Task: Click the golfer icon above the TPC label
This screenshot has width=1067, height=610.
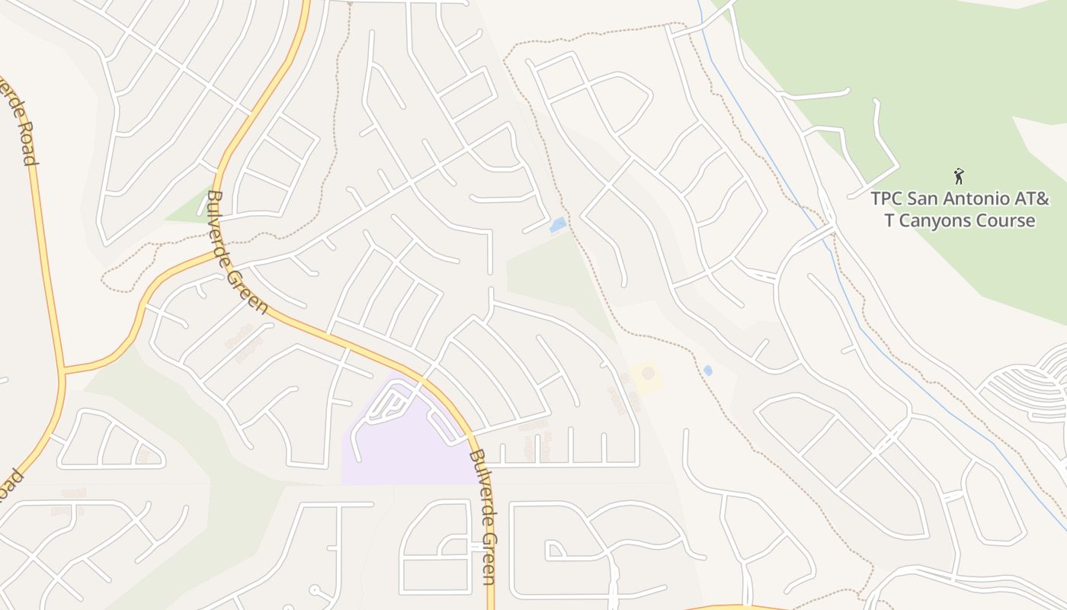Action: (959, 176)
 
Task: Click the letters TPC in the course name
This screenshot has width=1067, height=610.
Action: (886, 199)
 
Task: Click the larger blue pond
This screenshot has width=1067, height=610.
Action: (558, 225)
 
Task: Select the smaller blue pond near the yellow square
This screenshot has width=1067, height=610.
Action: (708, 371)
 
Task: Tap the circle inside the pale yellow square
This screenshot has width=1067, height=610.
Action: (648, 373)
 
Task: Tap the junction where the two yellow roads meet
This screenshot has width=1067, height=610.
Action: (63, 371)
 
